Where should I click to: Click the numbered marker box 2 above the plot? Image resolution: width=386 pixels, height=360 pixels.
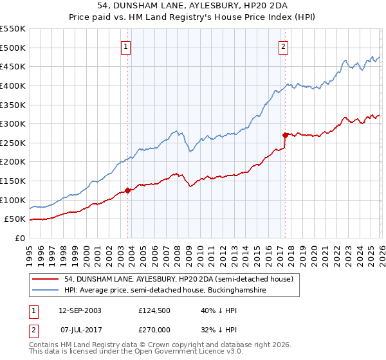tap(283, 46)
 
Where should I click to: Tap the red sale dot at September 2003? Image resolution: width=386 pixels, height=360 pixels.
tap(128, 190)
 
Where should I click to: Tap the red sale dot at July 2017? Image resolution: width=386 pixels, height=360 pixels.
tap(285, 135)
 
